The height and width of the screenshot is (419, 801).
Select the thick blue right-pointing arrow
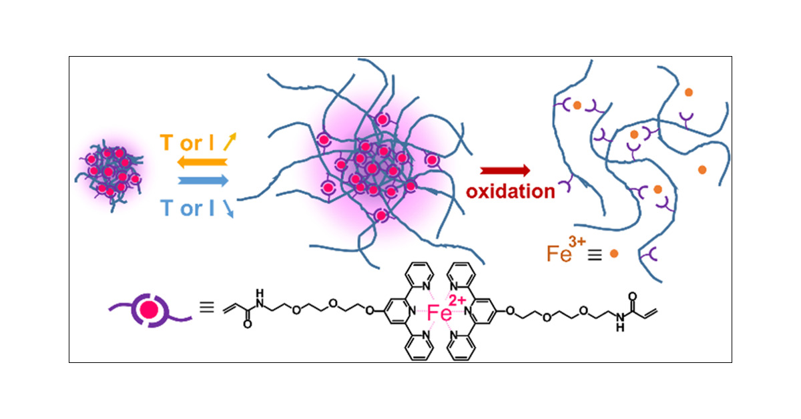point(203,181)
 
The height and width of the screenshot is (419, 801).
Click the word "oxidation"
point(510,192)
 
